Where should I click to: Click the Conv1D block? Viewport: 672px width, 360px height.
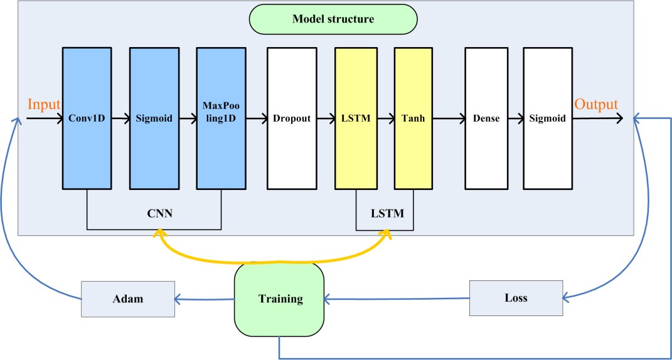click(x=88, y=118)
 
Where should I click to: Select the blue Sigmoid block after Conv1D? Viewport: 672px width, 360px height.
click(x=154, y=118)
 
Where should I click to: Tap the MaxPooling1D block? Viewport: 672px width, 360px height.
click(x=221, y=118)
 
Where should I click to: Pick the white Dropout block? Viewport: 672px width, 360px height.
click(x=292, y=118)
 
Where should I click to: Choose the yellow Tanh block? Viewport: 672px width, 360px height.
click(x=413, y=118)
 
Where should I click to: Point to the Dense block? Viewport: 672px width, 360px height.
click(x=486, y=118)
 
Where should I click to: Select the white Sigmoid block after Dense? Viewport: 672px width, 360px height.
click(x=548, y=118)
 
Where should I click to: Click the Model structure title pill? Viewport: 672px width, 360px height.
click(x=333, y=19)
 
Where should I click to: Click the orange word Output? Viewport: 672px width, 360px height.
click(x=597, y=104)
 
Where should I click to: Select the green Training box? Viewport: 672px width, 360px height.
click(x=280, y=299)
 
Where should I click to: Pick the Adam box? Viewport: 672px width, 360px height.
click(x=127, y=299)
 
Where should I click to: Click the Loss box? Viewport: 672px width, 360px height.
click(x=516, y=298)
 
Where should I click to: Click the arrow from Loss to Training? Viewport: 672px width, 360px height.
click(x=397, y=299)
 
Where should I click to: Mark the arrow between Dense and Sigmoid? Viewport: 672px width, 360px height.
click(x=516, y=118)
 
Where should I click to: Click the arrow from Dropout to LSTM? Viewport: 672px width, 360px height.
click(x=326, y=118)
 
